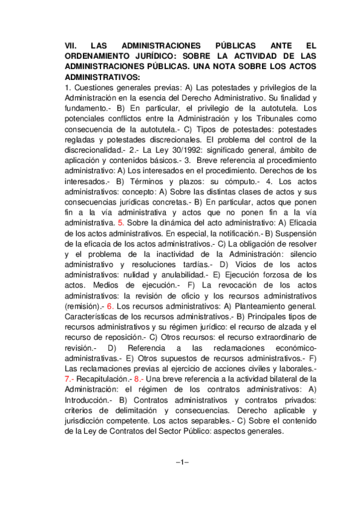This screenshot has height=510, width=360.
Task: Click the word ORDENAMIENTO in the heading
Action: click(97, 56)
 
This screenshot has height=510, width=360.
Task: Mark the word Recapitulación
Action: click(104, 380)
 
